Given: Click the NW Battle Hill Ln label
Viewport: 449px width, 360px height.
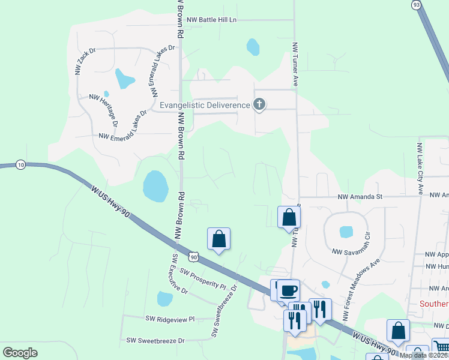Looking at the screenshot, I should point(212,20).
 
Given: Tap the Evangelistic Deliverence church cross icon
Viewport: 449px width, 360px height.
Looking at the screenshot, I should point(259,105).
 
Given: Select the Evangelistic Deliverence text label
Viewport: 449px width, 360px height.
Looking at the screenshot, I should point(205,105).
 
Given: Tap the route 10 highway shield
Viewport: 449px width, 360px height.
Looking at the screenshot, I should point(21,165).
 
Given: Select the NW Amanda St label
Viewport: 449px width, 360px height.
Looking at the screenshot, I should point(360,196).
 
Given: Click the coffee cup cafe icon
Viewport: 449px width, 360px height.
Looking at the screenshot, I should point(288,290).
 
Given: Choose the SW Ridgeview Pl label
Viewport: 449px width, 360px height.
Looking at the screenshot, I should point(170,319).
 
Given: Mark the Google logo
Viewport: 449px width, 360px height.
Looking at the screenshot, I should point(20,352).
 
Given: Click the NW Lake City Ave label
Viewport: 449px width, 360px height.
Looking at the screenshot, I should point(420,169).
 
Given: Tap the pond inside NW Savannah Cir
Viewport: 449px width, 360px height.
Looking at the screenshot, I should point(346,232).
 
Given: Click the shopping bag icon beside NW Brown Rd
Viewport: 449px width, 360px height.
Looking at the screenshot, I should point(218,239).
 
